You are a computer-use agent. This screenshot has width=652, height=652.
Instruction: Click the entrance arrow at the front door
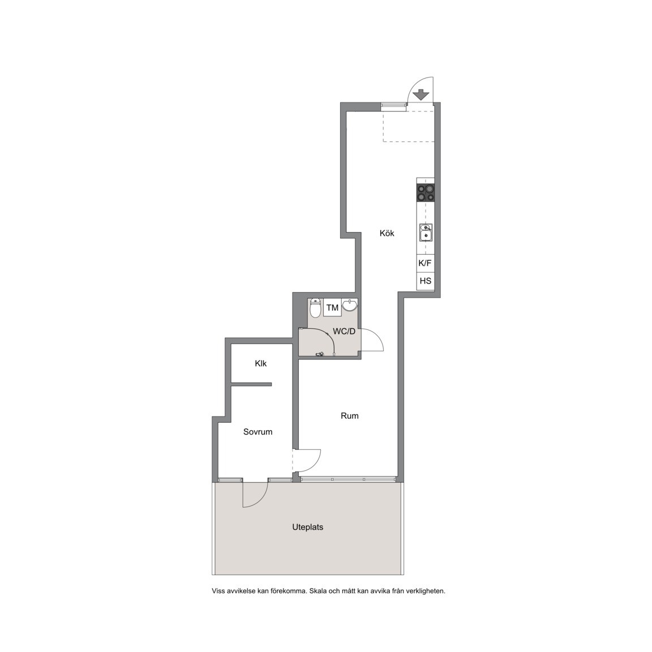[421, 95]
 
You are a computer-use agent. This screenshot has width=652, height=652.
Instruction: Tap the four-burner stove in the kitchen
[426, 192]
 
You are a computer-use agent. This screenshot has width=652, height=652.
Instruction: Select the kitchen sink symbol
[426, 233]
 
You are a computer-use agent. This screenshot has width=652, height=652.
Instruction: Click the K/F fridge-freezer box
[426, 263]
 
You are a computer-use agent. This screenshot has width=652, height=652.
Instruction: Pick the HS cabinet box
[426, 281]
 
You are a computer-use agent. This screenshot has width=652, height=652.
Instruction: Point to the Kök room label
[387, 233]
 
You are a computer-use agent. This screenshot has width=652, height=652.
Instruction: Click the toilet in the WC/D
[316, 308]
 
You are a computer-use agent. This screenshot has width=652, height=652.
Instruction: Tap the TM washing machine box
[332, 308]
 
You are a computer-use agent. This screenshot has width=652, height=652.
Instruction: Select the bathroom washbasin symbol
[350, 306]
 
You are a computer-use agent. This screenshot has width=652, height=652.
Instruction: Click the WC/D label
[344, 332]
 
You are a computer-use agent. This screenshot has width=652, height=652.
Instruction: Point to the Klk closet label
[261, 363]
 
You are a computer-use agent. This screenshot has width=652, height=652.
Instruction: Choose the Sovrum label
[258, 432]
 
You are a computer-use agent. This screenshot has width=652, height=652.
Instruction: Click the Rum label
[349, 416]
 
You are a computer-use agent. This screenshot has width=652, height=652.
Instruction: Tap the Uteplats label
[308, 527]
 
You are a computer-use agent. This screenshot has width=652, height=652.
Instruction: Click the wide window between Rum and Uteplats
[348, 479]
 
